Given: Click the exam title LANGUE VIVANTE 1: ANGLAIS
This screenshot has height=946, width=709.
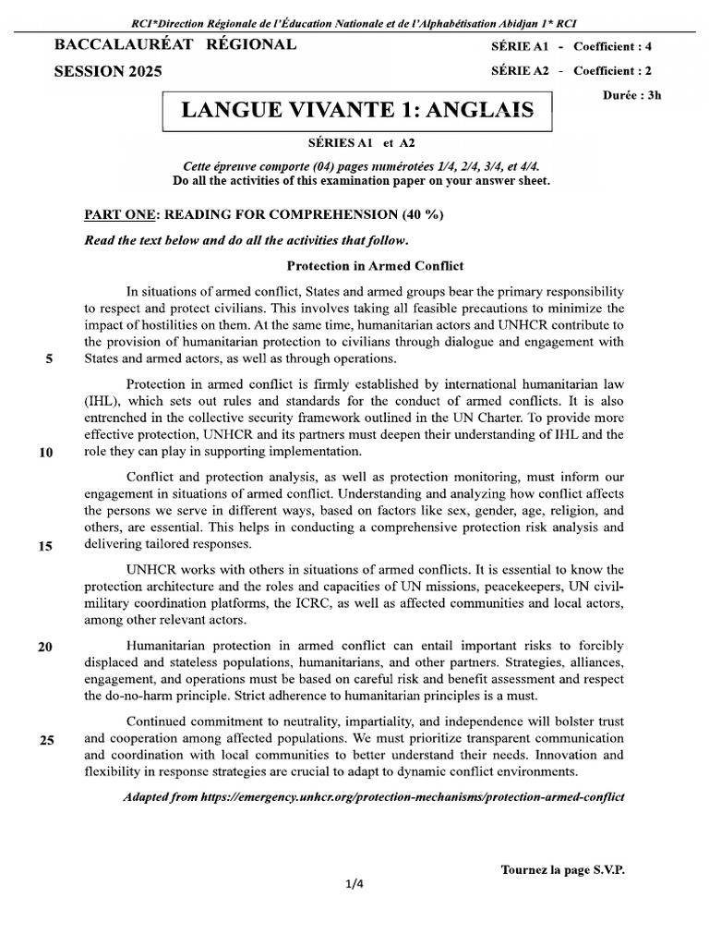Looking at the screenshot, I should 357,111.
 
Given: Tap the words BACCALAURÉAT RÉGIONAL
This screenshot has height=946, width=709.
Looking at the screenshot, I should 175,44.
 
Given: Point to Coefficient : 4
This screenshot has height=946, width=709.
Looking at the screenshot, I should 619,46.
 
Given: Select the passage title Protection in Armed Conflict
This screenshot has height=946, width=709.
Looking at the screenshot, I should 375,266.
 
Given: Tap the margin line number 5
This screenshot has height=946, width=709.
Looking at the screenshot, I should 48,360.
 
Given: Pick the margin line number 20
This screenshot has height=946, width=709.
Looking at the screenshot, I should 45,647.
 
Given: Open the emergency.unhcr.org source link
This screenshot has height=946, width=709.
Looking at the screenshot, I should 412,796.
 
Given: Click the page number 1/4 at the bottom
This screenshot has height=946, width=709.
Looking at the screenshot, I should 354,884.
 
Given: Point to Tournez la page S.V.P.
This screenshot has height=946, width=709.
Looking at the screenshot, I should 562,869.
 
